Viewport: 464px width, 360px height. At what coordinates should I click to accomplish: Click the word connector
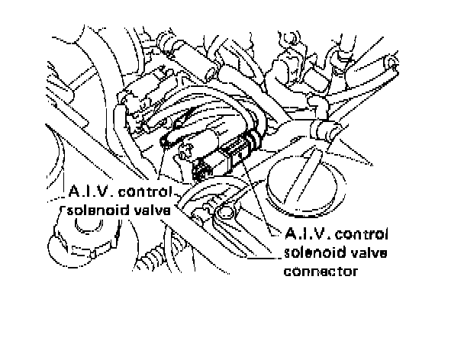(x=321, y=270)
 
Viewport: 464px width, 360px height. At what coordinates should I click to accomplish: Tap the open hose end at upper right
(x=391, y=61)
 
